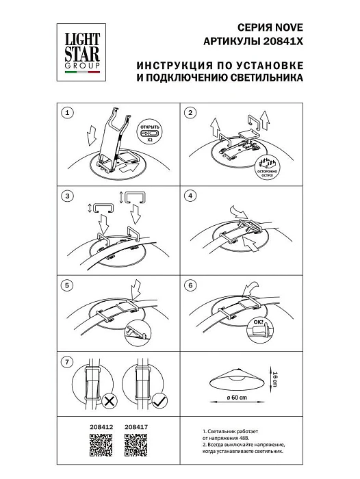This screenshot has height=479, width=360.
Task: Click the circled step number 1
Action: [x=67, y=112]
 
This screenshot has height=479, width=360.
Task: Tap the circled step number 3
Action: [x=67, y=197]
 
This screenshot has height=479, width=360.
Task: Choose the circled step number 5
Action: [x=67, y=284]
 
